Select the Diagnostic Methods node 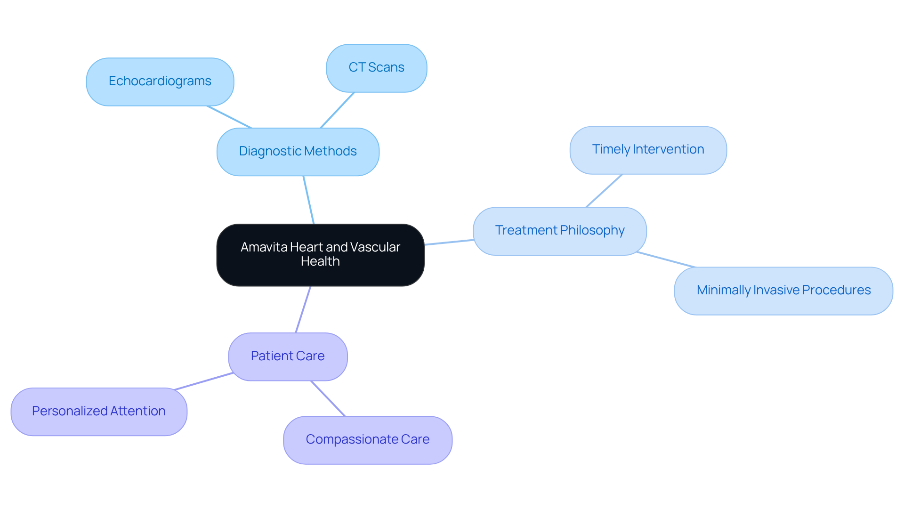tap(298, 152)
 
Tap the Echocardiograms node tap(160, 81)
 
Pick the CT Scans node tap(376, 68)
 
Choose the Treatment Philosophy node tap(559, 231)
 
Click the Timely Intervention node tap(648, 150)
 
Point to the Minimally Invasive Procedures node tap(783, 291)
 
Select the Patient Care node tap(288, 356)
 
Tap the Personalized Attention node tap(99, 412)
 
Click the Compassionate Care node tap(367, 440)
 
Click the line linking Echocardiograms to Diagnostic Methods tap(229, 117)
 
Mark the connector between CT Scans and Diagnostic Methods tap(337, 110)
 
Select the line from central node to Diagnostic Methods tap(308, 200)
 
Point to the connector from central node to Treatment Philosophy tap(449, 242)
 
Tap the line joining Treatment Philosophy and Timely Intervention tap(604, 191)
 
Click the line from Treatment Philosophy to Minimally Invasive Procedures tap(666, 259)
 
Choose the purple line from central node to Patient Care tap(303, 309)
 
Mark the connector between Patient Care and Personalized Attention tap(203, 381)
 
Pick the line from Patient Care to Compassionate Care tap(328, 398)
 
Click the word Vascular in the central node tap(375, 247)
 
